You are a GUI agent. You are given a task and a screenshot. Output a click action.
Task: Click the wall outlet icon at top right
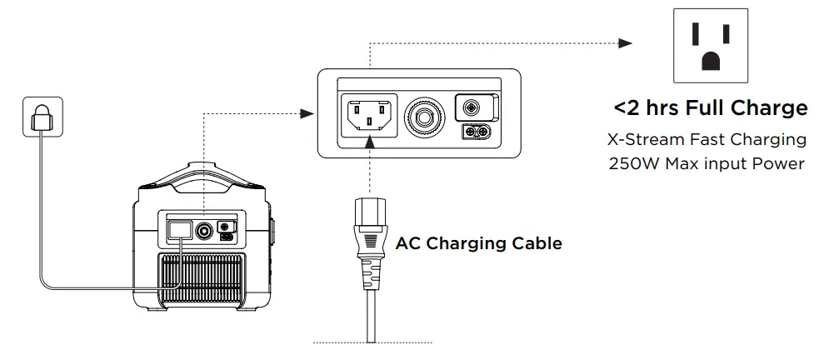[711, 44]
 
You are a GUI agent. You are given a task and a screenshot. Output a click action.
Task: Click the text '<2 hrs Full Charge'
[710, 108]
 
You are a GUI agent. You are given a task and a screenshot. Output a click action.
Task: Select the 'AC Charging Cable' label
[478, 244]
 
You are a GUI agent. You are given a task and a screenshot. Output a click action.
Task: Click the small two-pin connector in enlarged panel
[477, 132]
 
